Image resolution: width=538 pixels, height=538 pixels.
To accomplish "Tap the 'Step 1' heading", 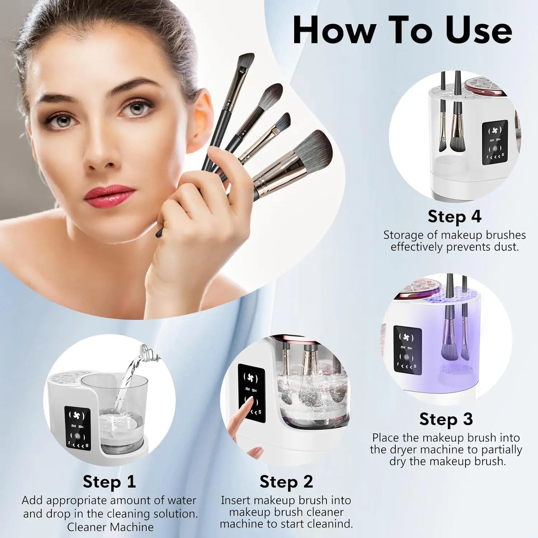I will coord(109,481).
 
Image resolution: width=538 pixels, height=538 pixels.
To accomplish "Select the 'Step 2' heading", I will coord(286,481).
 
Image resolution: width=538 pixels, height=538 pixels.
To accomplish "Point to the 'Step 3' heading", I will coord(446,419).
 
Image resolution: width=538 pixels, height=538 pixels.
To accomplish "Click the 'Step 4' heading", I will coord(454,216).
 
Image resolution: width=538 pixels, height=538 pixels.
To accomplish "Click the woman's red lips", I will coord(109,196).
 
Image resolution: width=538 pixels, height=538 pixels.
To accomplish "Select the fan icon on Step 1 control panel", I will coord(77,415).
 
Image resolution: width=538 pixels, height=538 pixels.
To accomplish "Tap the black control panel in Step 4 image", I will coord(494,142).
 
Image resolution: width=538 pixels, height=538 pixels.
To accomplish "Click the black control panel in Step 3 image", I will coord(407,348).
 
